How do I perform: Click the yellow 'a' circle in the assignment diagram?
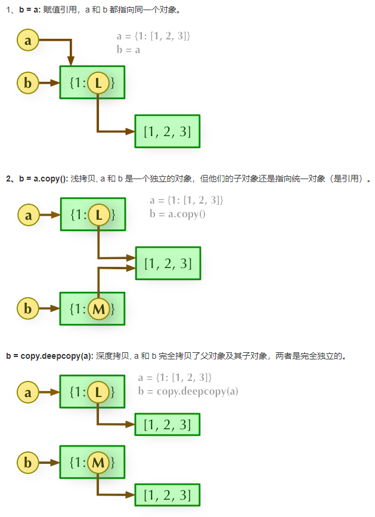click(28, 41)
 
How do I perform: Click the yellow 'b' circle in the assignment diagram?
click(28, 82)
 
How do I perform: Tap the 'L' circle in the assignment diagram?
click(98, 83)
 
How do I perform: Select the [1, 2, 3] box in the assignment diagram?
click(167, 131)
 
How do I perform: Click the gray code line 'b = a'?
click(128, 50)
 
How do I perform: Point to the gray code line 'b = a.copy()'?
click(177, 214)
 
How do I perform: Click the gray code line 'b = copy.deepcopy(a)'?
click(188, 391)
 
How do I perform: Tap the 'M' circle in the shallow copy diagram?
click(98, 309)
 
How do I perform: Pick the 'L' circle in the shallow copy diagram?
click(98, 215)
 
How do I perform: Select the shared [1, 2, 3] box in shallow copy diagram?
click(168, 263)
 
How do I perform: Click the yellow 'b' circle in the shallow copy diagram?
click(28, 309)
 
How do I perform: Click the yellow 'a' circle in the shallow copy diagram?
click(28, 215)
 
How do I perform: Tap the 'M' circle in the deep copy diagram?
click(98, 462)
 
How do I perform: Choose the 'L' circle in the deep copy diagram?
click(98, 392)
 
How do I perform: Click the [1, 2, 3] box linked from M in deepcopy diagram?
click(167, 495)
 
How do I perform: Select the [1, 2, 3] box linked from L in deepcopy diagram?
click(167, 424)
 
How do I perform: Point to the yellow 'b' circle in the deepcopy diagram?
click(28, 462)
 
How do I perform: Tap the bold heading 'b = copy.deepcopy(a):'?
click(49, 356)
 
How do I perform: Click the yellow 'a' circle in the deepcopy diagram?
click(28, 392)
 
